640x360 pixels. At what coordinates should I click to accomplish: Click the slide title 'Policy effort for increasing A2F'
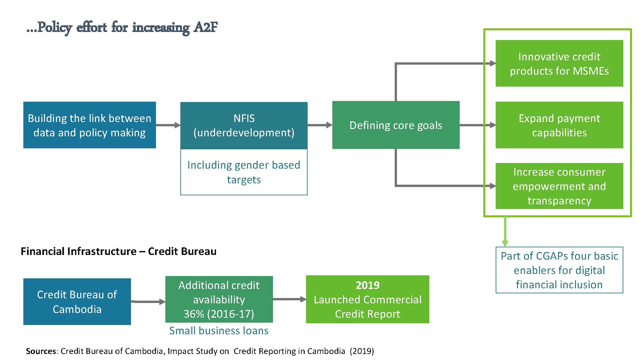[122, 27]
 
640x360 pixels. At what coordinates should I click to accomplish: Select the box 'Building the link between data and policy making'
[89, 125]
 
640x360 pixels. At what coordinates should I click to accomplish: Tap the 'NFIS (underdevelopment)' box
[244, 125]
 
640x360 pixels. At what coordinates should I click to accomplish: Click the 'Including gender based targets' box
[244, 172]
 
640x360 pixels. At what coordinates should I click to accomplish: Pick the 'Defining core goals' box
[396, 125]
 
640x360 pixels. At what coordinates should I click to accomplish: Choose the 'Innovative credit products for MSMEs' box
[559, 63]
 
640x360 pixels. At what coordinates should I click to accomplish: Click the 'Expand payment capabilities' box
[559, 125]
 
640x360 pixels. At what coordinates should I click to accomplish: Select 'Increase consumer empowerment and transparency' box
[559, 186]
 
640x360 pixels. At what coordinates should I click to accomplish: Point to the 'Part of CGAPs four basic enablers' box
[559, 270]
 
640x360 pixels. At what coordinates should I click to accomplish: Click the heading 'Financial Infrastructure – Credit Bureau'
[118, 251]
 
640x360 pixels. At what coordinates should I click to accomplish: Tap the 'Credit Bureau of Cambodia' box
[77, 302]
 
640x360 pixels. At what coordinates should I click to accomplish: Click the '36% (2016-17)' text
[219, 314]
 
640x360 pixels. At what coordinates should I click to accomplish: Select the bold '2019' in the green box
[367, 285]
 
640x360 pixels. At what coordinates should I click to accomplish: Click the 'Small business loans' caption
[219, 331]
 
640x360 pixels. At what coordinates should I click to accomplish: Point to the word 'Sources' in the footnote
[41, 351]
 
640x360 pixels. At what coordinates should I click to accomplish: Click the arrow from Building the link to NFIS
[168, 125]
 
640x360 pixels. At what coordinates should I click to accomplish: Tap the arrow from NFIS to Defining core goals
[320, 125]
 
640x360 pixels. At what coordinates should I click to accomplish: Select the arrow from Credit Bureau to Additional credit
[148, 302]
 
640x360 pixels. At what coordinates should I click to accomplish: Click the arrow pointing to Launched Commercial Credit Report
[289, 299]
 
